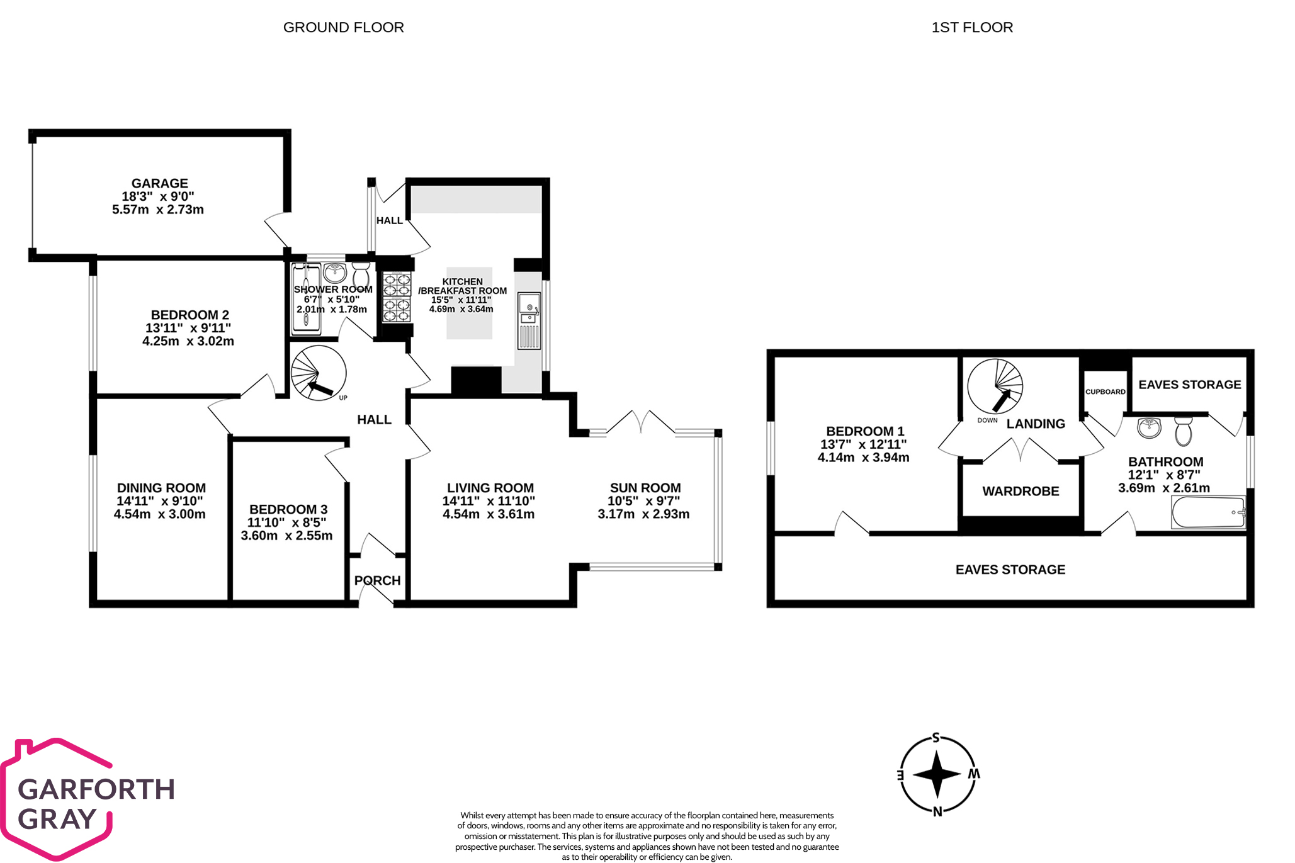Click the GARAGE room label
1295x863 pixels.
coord(159,183)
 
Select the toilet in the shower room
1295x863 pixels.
coord(361,274)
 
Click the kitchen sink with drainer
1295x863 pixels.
coord(529,320)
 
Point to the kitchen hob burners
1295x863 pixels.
coord(397,296)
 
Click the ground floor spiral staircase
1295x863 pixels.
coord(319,373)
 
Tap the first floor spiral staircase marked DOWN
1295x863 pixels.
coord(995,386)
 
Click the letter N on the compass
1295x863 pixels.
coord(937,811)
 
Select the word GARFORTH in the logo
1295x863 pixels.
coord(96,789)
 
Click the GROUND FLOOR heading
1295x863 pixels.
coord(343,28)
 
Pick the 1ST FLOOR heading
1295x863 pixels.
coord(972,28)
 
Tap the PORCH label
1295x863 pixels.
coord(377,580)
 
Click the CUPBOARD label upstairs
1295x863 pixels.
coord(1105,392)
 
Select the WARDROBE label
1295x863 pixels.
coord(1021,491)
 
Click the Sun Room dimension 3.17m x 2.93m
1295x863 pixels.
coord(643,514)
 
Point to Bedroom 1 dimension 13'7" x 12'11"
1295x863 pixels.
coord(863,444)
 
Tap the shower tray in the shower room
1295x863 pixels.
coord(306,299)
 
